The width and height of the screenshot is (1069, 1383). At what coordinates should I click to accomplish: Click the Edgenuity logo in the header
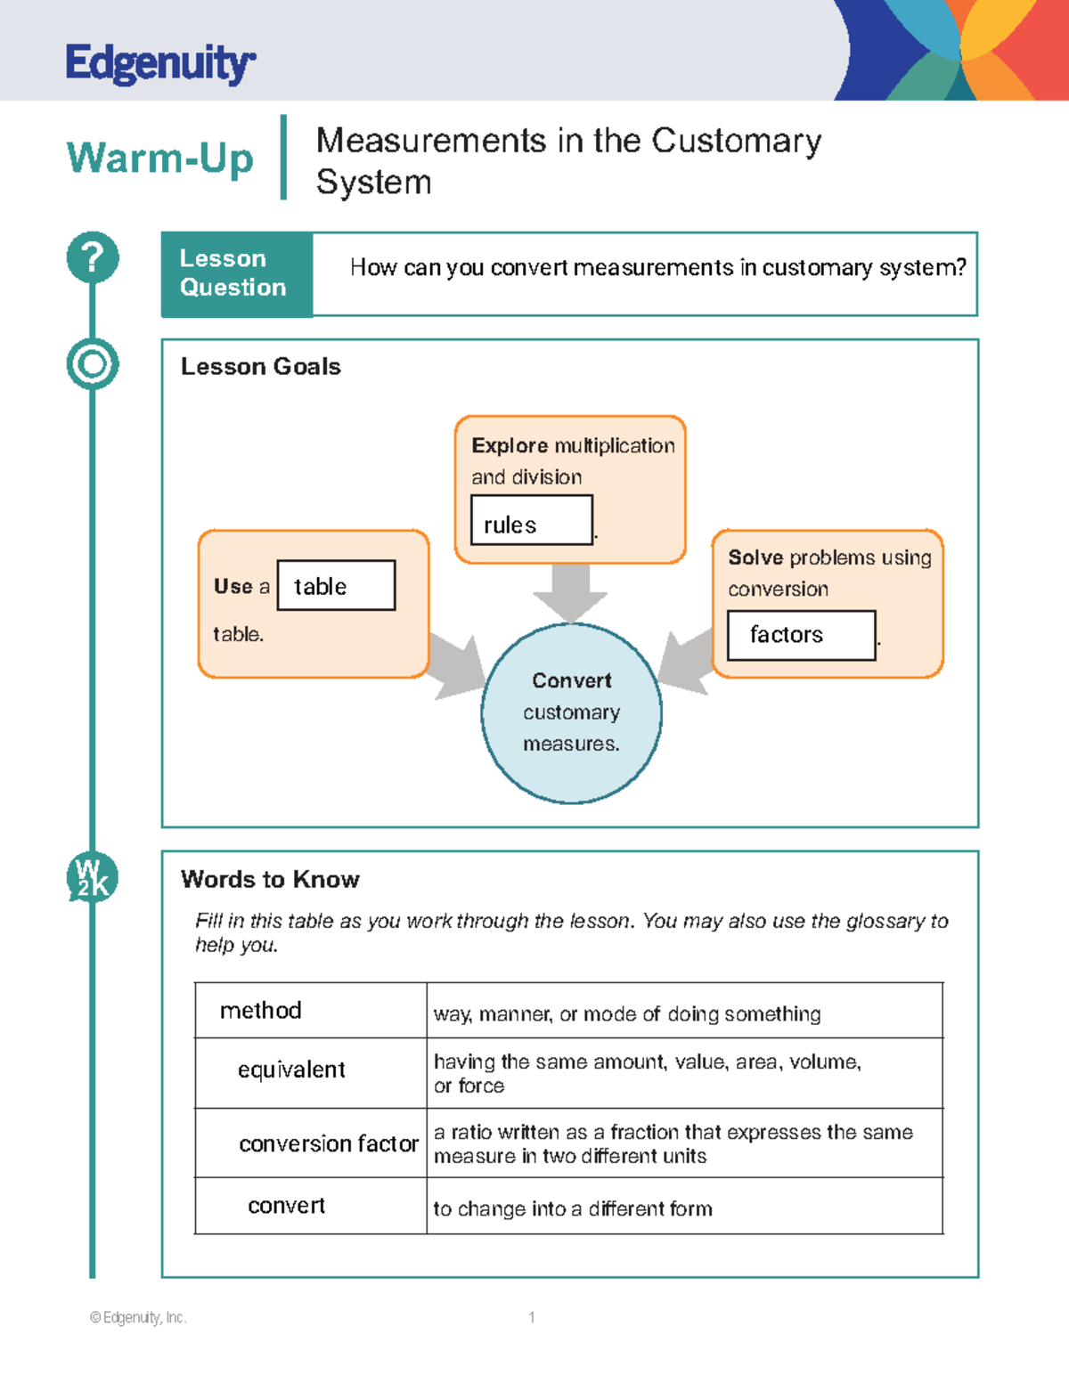(x=160, y=63)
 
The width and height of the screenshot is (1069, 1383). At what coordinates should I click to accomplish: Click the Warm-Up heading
(x=160, y=159)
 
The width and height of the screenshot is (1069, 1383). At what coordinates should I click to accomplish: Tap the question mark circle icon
(x=92, y=257)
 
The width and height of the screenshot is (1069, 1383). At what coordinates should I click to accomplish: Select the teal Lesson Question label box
(x=237, y=273)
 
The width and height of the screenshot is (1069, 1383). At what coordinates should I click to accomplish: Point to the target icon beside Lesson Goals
(x=92, y=364)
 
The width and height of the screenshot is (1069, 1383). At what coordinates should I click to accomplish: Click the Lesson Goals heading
(x=260, y=367)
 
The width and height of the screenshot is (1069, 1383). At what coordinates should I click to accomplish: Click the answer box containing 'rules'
(x=531, y=520)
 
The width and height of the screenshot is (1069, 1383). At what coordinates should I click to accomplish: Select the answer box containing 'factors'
(x=801, y=635)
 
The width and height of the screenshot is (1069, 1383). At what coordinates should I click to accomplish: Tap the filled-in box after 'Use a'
(x=336, y=585)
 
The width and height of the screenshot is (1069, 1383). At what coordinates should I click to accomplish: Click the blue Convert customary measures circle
(x=571, y=713)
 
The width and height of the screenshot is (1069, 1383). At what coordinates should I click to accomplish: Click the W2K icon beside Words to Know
(x=92, y=878)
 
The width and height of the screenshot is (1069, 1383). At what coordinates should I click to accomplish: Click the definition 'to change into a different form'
(x=573, y=1208)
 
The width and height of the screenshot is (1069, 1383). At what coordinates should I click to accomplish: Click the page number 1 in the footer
(x=532, y=1317)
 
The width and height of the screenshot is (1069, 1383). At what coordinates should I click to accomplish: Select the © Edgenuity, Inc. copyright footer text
(x=138, y=1317)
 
